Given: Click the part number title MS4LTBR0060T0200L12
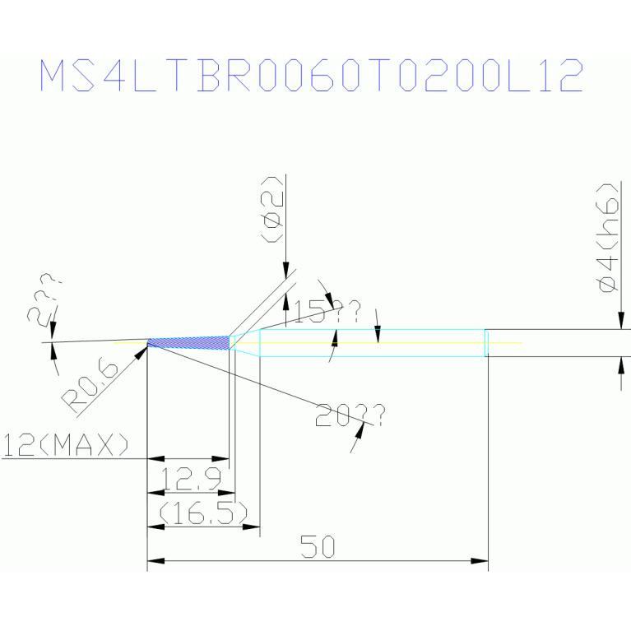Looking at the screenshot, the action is pos(312,76).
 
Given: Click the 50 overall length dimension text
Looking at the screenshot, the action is pos(317,546).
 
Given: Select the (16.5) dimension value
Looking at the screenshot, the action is pos(203,513).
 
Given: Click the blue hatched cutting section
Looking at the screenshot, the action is pos(188,342).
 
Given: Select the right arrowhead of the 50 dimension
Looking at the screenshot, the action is pos(480,561).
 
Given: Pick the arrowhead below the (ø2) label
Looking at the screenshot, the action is pos(285,271).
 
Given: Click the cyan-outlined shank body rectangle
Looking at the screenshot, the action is pos(370,342).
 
